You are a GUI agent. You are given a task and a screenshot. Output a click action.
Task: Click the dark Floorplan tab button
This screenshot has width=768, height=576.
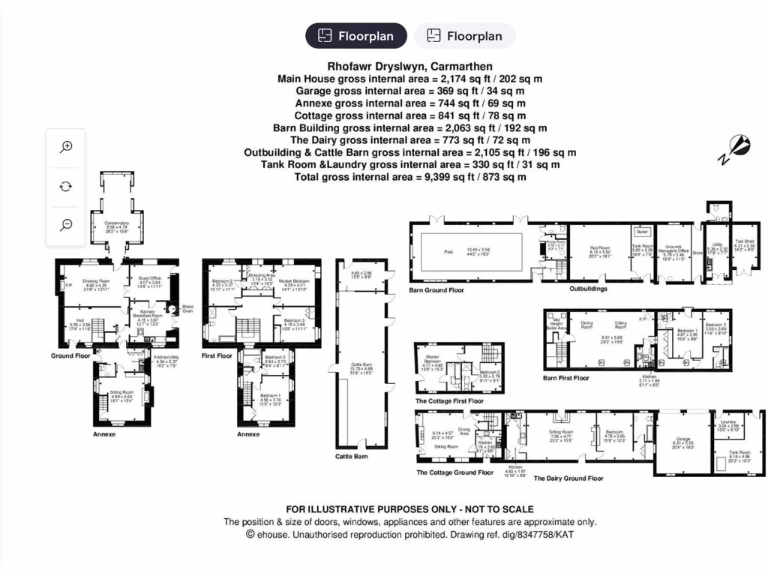point(355,35)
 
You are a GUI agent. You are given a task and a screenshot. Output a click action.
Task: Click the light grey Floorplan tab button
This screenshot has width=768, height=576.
point(464,35)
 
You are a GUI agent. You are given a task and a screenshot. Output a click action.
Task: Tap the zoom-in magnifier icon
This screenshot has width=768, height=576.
point(66,147)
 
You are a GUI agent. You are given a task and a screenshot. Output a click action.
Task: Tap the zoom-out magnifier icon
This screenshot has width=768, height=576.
point(66,224)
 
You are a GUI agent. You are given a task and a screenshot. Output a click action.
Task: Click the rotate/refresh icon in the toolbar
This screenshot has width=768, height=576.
point(66,186)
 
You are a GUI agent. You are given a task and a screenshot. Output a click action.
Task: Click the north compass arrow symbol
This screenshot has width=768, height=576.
point(738,147)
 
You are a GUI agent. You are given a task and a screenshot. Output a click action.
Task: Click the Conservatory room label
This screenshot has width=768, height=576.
point(117,223)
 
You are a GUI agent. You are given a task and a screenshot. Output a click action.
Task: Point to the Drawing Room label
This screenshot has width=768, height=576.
point(96,280)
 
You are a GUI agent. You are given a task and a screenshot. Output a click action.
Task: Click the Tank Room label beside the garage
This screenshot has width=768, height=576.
point(740,452)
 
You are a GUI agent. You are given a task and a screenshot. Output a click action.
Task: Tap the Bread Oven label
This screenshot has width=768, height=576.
point(187,308)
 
